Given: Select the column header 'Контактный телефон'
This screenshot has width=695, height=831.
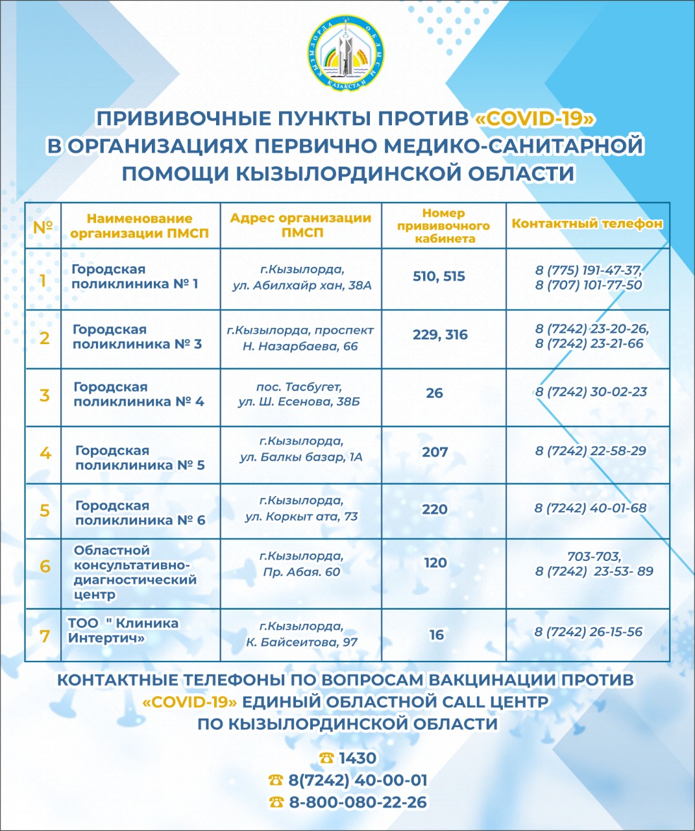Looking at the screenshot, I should coord(587,224).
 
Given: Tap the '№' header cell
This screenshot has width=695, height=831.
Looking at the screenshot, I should coord(43,227).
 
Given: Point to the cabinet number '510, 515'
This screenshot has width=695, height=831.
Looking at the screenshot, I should coord(439,277).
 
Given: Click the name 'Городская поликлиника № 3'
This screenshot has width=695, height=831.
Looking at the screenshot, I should coord(137,337).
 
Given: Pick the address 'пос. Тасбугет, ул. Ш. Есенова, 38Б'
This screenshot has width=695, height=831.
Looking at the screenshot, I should coord(299,394).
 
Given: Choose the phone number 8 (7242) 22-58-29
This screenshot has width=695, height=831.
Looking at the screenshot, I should coord(591,451).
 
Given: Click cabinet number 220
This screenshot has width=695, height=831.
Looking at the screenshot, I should coord(435,509).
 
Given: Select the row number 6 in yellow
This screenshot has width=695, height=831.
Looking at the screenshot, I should coord(45,566).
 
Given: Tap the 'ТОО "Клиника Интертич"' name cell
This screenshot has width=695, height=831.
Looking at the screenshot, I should coord(123,630).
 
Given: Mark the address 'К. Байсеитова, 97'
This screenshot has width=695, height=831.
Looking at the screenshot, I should coord(302,642).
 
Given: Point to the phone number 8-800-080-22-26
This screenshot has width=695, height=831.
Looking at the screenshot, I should coord(358,802).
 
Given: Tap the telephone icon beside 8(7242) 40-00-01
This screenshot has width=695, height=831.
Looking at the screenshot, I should coord(276,780).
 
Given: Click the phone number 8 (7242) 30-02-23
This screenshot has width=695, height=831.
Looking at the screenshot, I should coord(591,392).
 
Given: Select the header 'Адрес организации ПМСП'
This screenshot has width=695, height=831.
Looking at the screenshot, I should coord(300,225).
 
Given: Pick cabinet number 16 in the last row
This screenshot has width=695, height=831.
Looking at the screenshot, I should coord(437,634).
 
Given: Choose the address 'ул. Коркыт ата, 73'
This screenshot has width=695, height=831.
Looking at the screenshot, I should coord(302,517).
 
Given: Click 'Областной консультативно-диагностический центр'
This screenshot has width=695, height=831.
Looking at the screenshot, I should coord(135,573).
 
